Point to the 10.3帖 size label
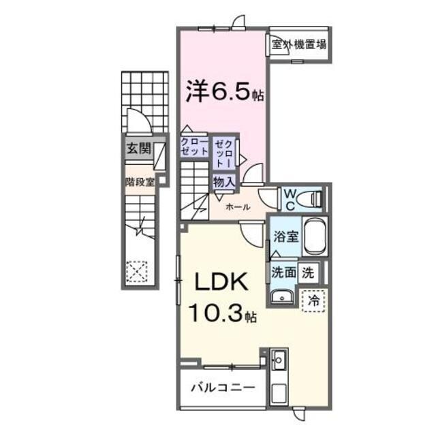pos(220,315)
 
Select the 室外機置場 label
pos(298,46)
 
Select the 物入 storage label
pos(223,181)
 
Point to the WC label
pos(289,198)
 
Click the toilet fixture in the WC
pos(314,198)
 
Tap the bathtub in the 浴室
pos(315,237)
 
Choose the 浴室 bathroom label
pos(285,237)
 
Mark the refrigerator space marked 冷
pos(313,300)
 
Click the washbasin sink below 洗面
pos(280,296)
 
